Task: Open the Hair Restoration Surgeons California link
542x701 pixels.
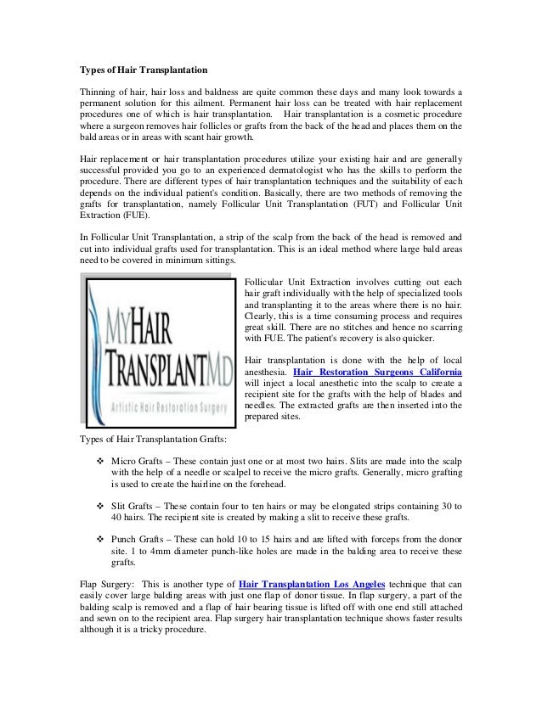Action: pos(377,372)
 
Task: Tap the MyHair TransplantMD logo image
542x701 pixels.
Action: pos(162,350)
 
